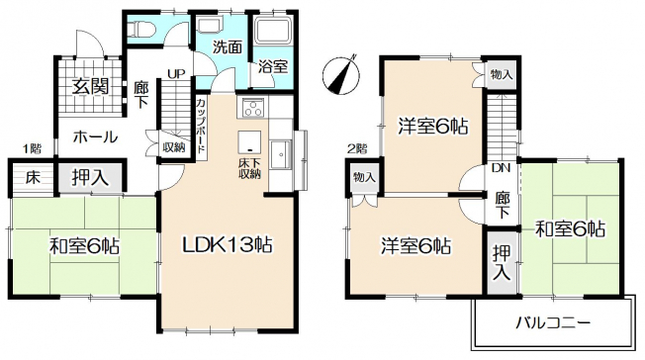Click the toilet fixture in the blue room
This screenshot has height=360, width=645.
click(141, 29)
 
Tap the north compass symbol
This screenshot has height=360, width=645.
click(341, 74)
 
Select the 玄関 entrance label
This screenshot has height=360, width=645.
click(90, 86)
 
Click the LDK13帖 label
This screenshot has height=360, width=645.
click(227, 245)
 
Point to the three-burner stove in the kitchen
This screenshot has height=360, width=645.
click(252, 109)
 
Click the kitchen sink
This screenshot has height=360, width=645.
click(281, 154)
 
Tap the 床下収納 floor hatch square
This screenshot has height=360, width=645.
click(249, 142)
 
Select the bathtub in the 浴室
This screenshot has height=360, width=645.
click(273, 30)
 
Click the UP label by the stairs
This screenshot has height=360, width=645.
click(176, 74)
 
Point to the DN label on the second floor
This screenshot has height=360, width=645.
click(501, 168)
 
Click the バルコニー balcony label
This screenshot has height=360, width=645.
click(553, 322)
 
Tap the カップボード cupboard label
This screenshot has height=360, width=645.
click(201, 126)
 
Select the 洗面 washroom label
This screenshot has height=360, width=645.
click(227, 47)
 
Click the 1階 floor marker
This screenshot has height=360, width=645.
click(32, 148)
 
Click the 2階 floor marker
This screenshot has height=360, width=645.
click(357, 148)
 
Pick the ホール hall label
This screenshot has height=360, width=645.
click(95, 136)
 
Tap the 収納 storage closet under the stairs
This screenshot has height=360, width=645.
click(173, 147)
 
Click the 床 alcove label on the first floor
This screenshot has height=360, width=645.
click(33, 178)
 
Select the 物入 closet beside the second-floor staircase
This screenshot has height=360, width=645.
click(502, 74)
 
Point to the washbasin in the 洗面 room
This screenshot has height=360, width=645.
click(209, 25)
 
